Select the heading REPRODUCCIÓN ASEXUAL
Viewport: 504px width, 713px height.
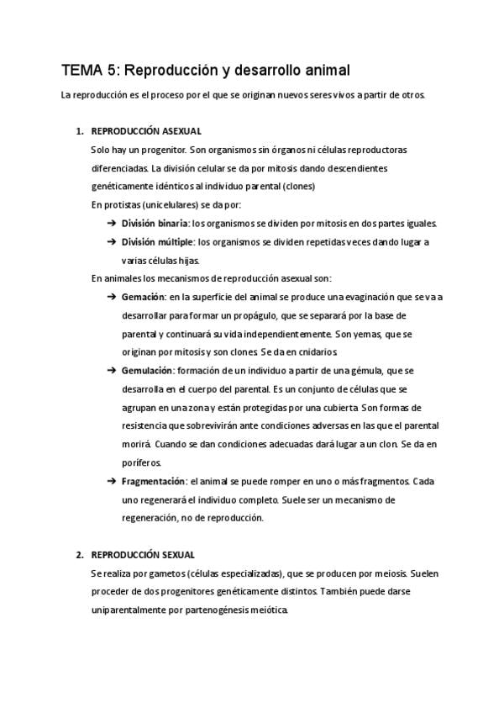[x=145, y=131]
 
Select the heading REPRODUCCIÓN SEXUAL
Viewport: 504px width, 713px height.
[x=142, y=555]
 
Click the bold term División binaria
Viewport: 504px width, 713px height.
[x=155, y=224]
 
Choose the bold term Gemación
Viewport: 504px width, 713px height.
[x=143, y=297]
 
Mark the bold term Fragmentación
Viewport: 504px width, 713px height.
[x=153, y=481]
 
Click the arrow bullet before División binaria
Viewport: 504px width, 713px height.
[x=111, y=224]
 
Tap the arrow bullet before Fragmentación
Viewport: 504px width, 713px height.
[x=111, y=481]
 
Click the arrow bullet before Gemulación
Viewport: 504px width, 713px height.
[x=111, y=371]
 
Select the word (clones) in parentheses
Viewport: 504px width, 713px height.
[x=299, y=186]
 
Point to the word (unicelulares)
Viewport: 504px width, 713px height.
[x=158, y=204]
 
